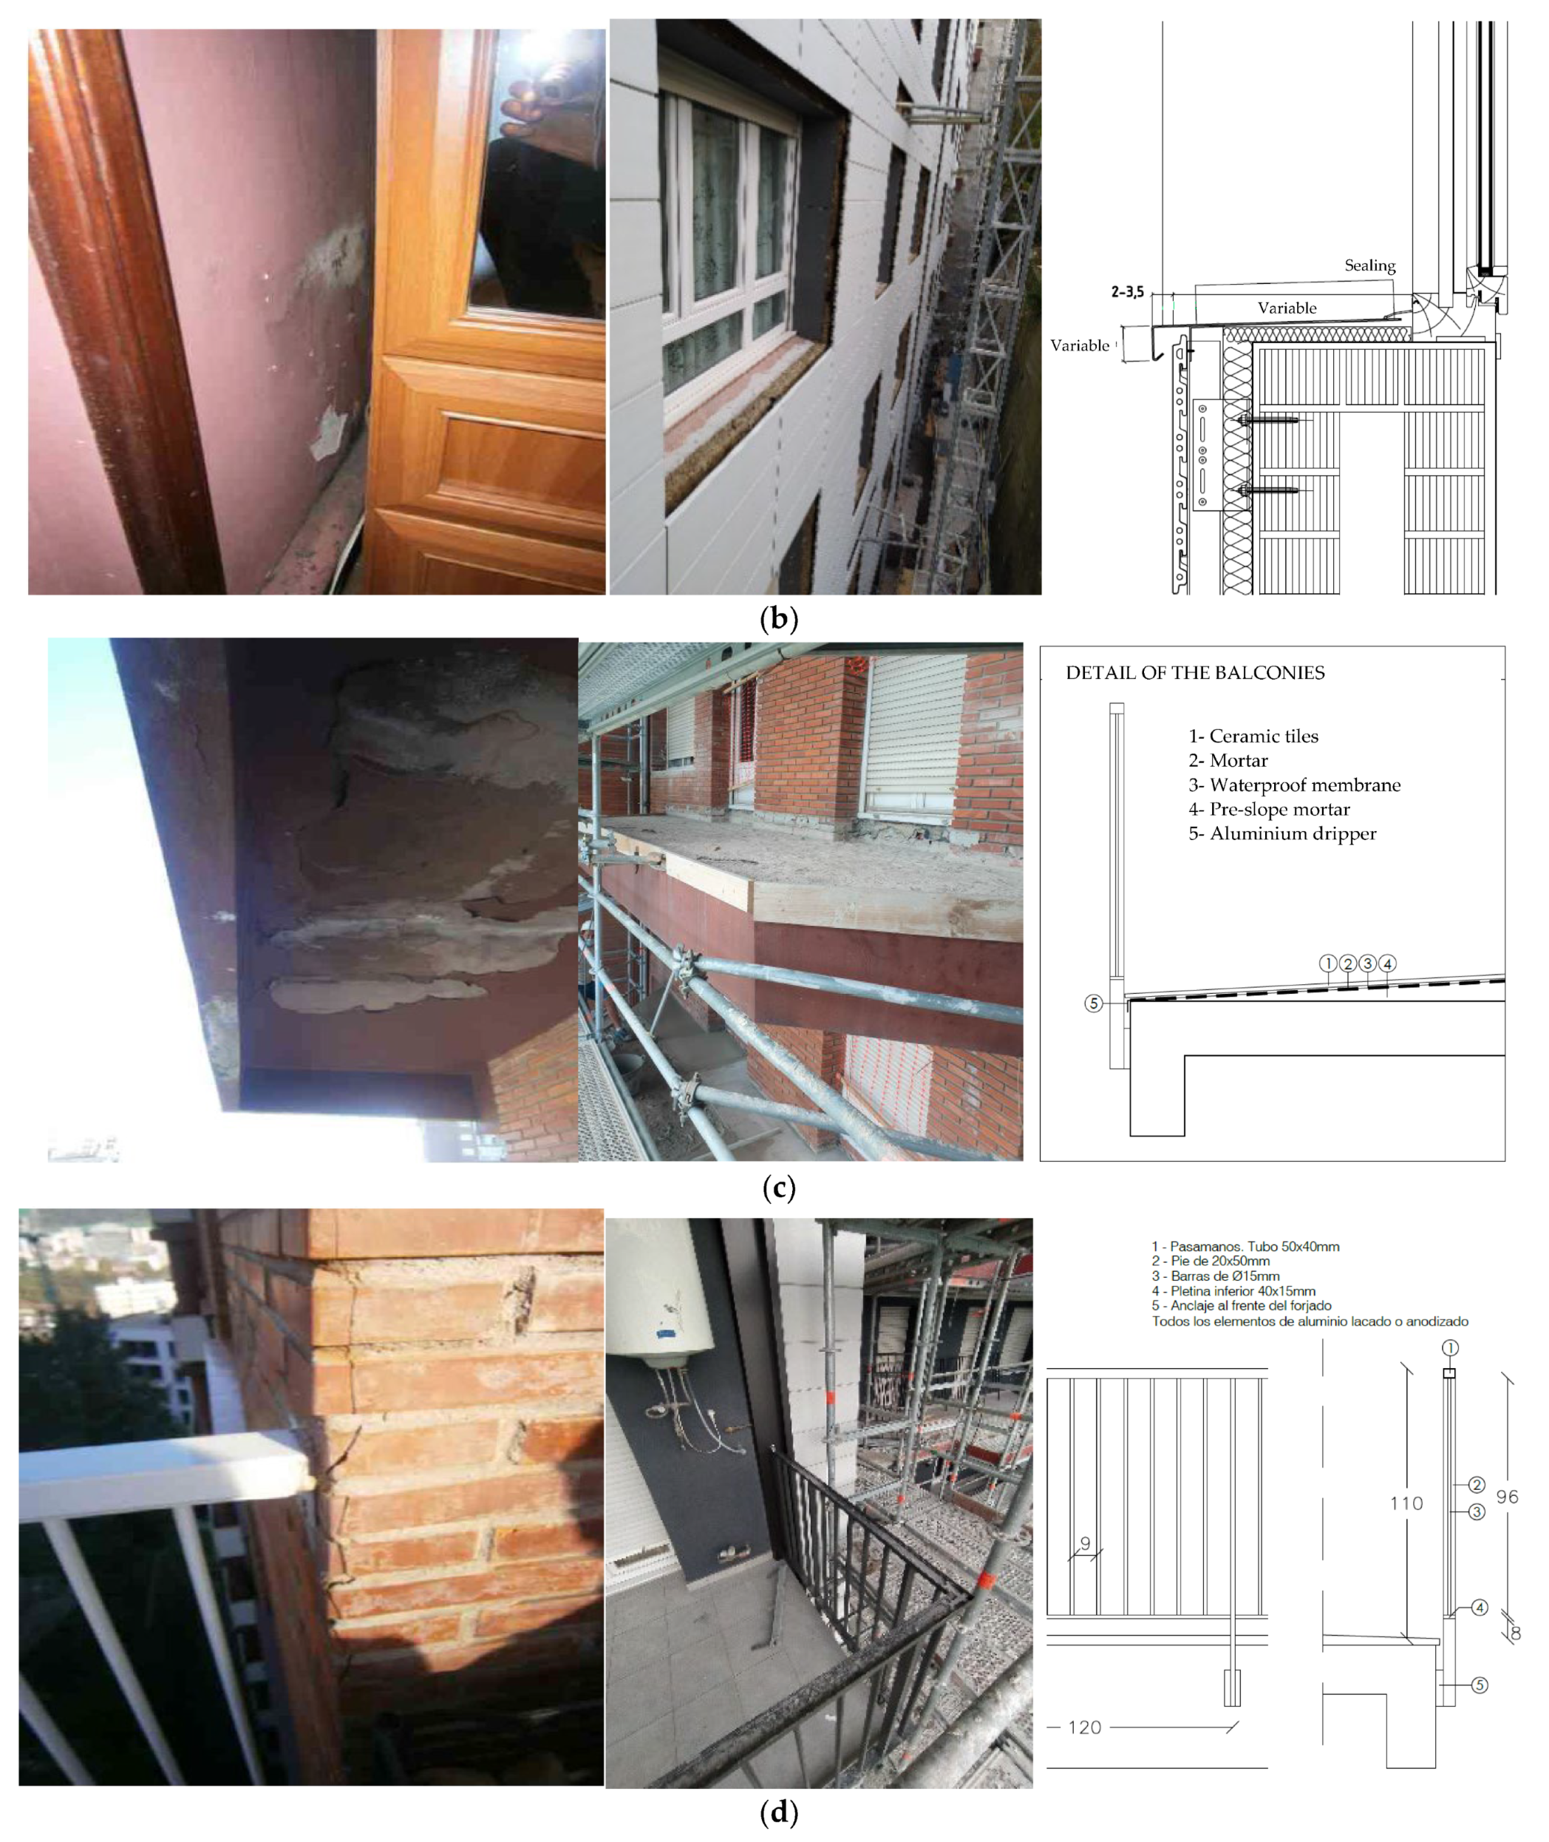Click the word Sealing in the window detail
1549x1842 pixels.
pyautogui.click(x=1369, y=265)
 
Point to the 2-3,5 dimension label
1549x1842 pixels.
pyautogui.click(x=1128, y=291)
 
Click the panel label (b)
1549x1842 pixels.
pyautogui.click(x=778, y=619)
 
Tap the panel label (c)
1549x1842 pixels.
pyautogui.click(x=778, y=1188)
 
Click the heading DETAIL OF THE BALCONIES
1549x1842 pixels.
pyautogui.click(x=1194, y=673)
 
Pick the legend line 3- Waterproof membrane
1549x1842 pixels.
pyautogui.click(x=1294, y=785)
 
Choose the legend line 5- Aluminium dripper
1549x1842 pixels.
pyautogui.click(x=1282, y=833)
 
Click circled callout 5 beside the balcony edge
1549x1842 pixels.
pyautogui.click(x=1093, y=1003)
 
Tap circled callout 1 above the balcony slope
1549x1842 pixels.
pyautogui.click(x=1328, y=964)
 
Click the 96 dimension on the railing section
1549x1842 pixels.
pyautogui.click(x=1507, y=1496)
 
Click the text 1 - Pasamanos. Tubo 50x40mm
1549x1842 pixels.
pyautogui.click(x=1245, y=1247)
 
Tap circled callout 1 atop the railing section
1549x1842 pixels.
pyautogui.click(x=1450, y=1347)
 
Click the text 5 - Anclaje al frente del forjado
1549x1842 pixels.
pyautogui.click(x=1241, y=1306)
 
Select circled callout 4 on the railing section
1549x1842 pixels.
pyautogui.click(x=1480, y=1608)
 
